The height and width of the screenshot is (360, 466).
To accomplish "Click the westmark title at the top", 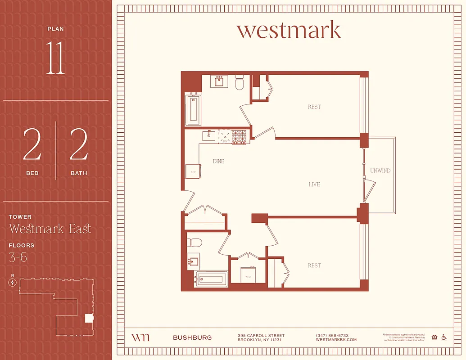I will pos(289,30).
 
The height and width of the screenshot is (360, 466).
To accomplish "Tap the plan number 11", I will pos(55,59).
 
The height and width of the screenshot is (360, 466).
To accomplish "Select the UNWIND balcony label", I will pos(380,171).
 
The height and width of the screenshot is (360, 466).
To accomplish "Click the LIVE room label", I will pos(314,184).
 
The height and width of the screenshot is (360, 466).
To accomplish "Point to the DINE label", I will pos(218,161).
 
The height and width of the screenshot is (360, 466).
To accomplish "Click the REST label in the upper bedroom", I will pos(314,107).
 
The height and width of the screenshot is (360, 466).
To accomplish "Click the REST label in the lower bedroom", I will pos(314,265).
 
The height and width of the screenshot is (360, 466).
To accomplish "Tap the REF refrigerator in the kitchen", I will pos(193,171).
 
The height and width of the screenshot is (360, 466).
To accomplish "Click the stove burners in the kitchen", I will pos(239,136).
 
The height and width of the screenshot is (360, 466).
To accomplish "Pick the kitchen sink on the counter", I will pos(208,135).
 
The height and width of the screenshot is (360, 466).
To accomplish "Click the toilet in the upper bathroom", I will pos(240,82).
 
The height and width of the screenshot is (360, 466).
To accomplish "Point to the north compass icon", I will pos(13,283).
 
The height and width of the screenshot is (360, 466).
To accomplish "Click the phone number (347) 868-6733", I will pos(332,336).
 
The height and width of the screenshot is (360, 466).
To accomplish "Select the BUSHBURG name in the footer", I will pos(192,337).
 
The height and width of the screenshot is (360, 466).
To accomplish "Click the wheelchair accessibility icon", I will pos(443,337).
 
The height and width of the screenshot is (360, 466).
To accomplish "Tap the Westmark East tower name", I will pos(50,229).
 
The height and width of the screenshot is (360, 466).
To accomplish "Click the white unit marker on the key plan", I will pos(89,319).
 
